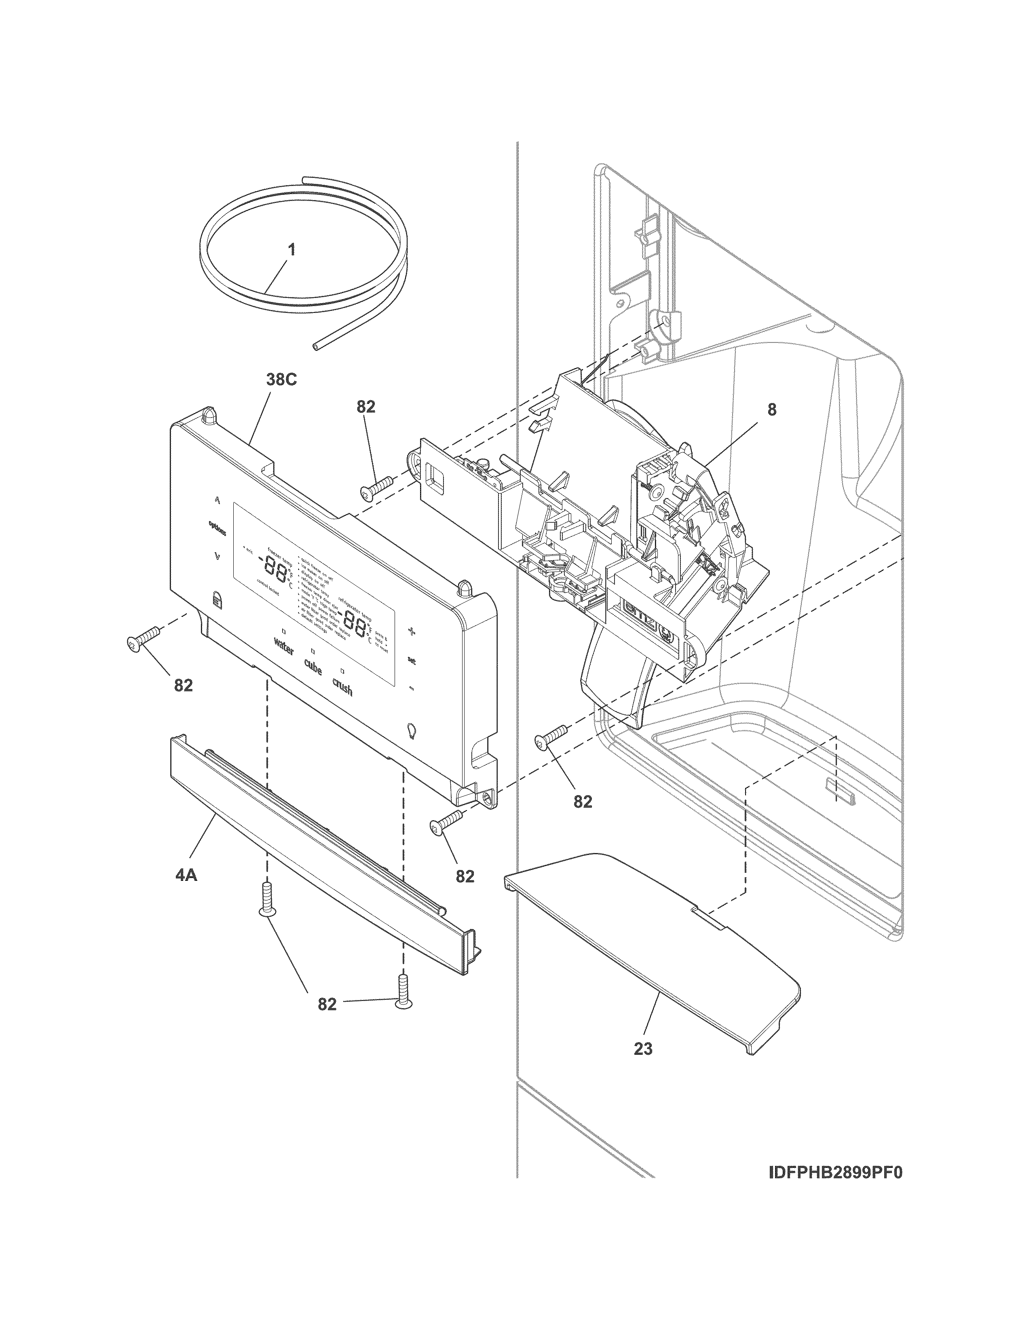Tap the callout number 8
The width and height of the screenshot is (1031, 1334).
click(772, 410)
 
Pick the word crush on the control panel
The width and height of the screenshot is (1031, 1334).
click(342, 687)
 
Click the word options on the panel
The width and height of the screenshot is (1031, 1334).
click(217, 527)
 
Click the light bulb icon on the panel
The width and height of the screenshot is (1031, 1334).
click(412, 730)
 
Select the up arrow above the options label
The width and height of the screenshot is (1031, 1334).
click(216, 499)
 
